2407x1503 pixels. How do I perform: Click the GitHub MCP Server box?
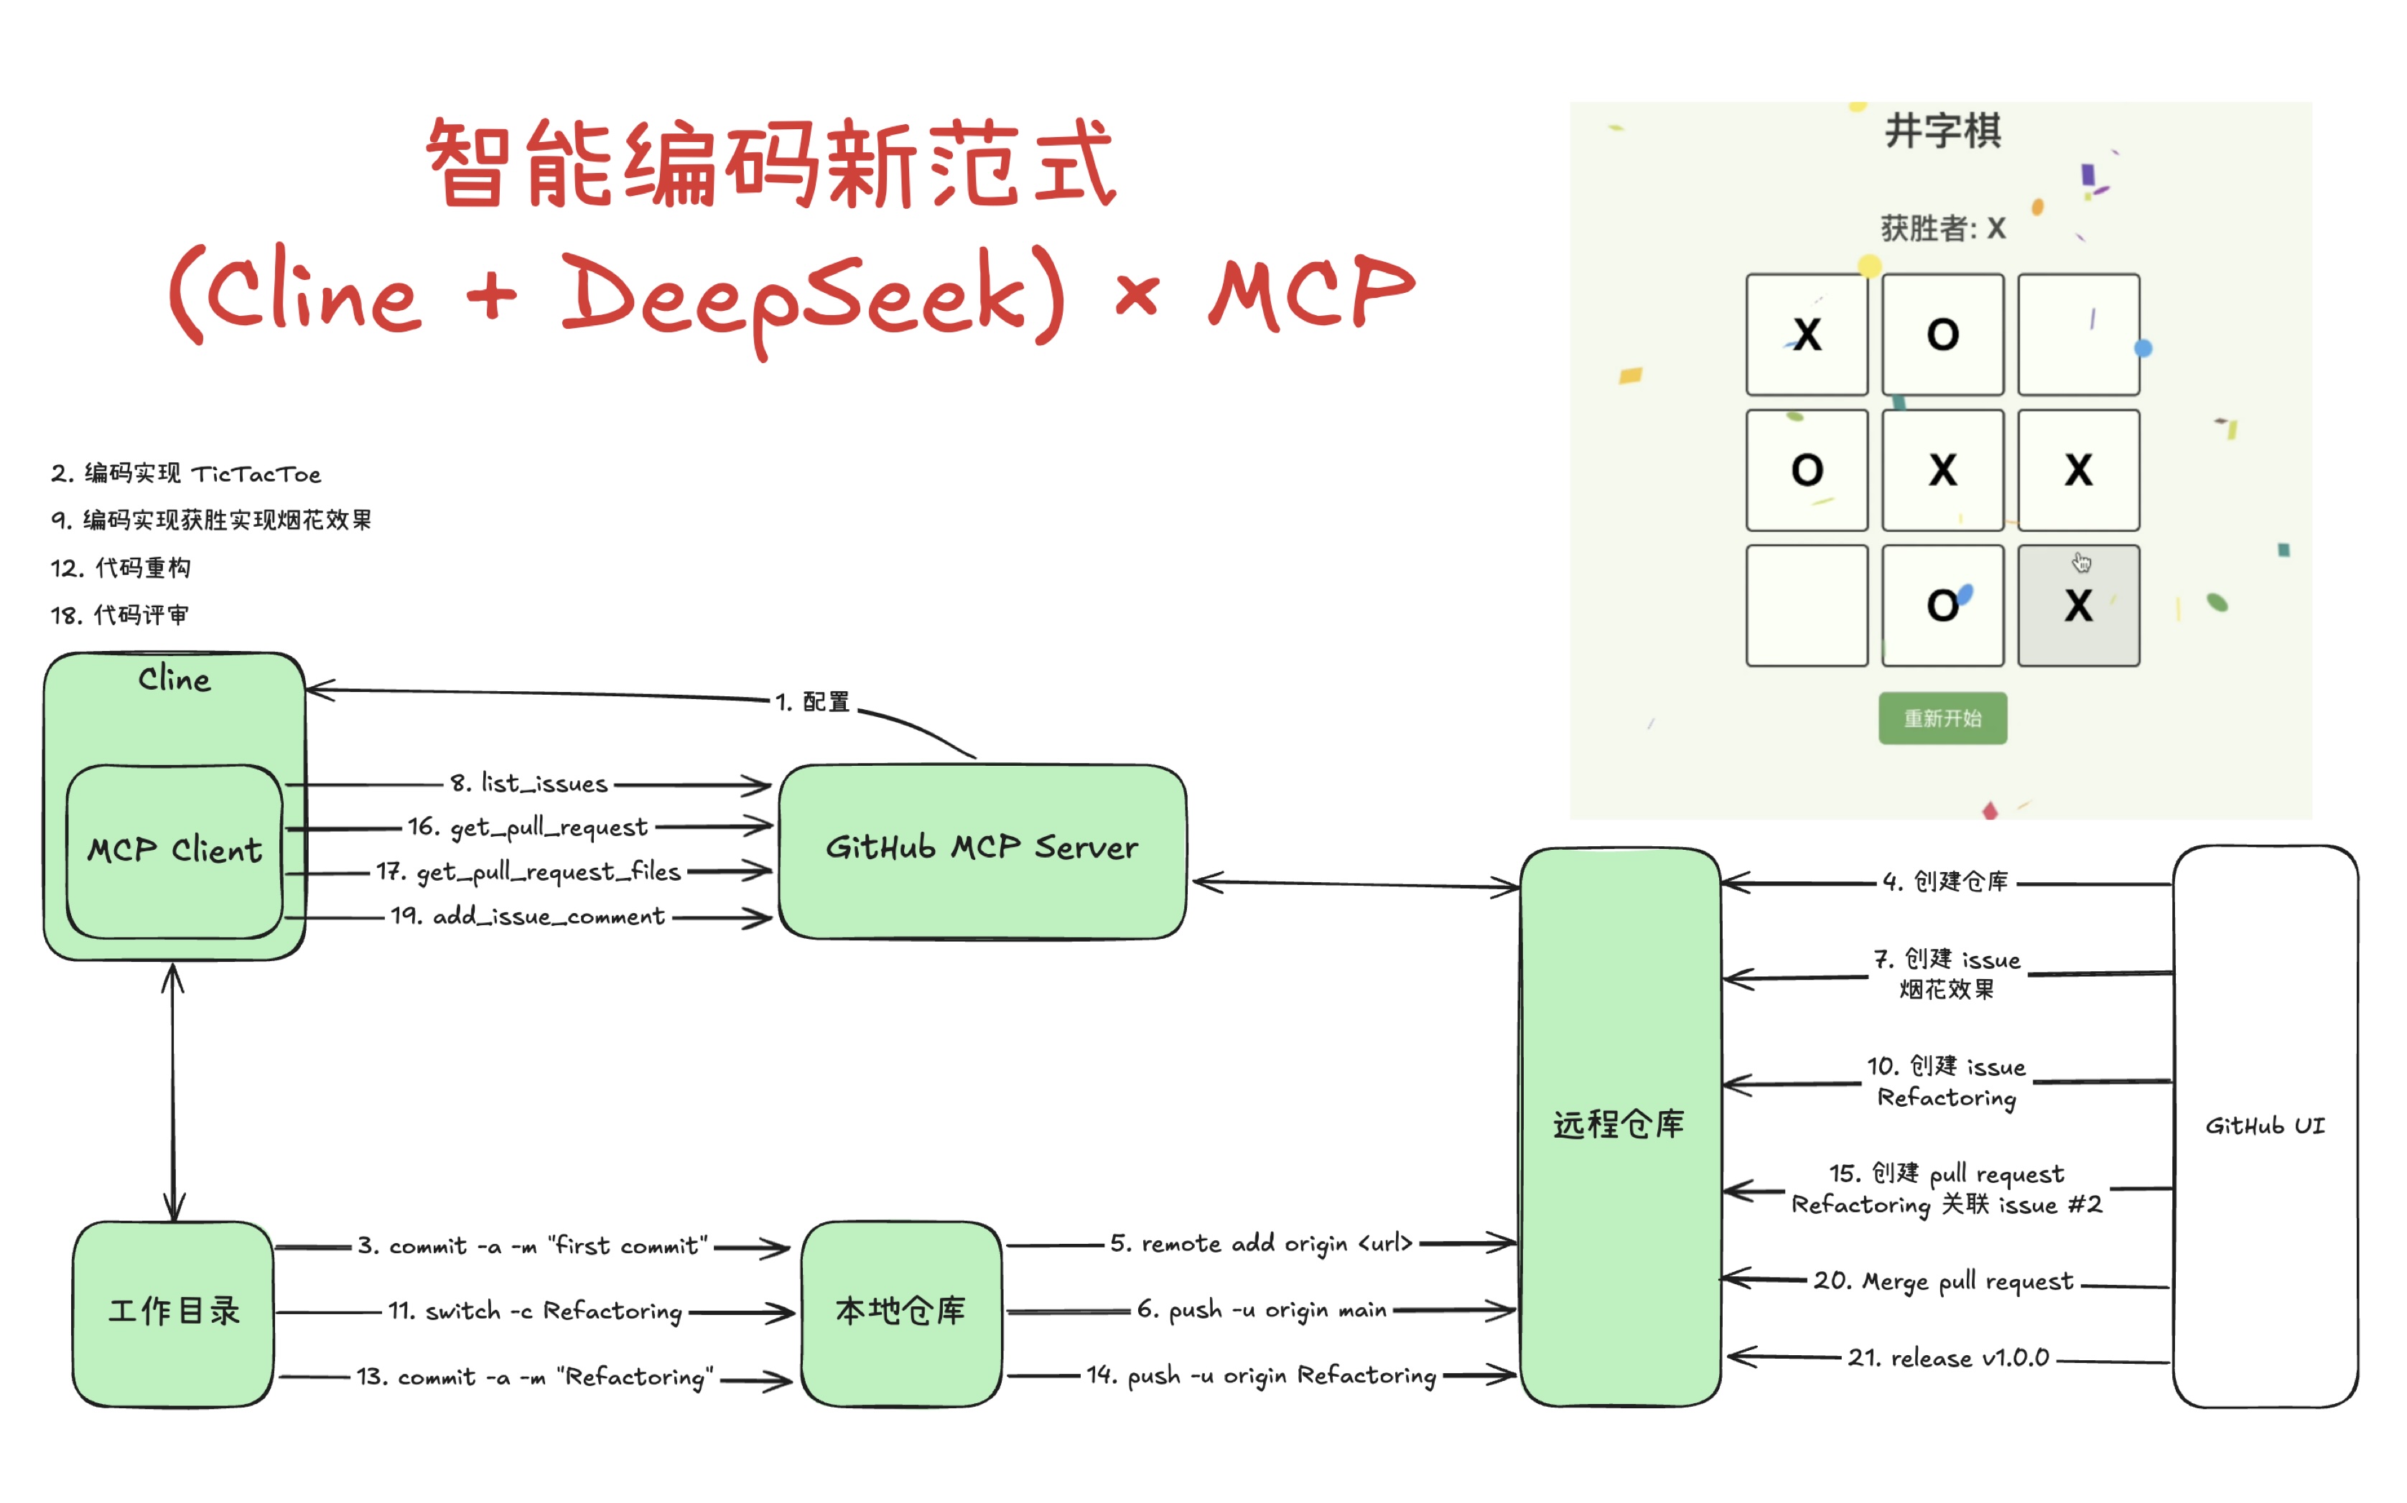tap(982, 850)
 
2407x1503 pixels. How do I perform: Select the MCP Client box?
tap(174, 851)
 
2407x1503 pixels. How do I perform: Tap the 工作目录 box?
tap(173, 1312)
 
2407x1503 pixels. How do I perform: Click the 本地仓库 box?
tap(900, 1312)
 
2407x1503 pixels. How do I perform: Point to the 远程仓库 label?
tap(1619, 1124)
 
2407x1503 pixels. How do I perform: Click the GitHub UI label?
tap(2264, 1126)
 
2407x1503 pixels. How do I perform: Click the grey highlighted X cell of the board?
tap(2078, 605)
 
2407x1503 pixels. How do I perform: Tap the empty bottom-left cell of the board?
tap(1807, 605)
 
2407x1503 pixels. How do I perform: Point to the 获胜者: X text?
tap(1942, 229)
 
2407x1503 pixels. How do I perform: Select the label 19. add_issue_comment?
tap(527, 917)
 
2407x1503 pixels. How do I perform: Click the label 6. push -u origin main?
tap(1262, 1310)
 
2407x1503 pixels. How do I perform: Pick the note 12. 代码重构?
tap(121, 568)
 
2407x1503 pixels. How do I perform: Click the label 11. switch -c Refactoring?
tap(535, 1312)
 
